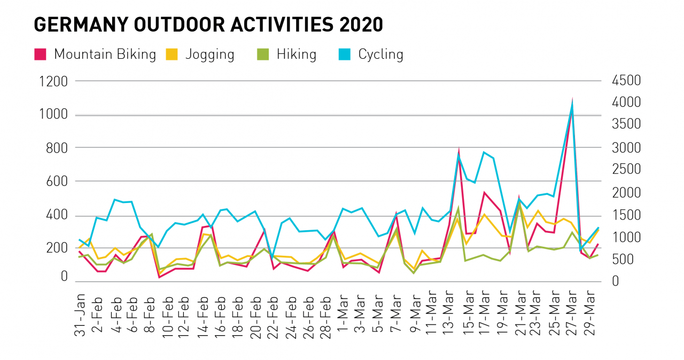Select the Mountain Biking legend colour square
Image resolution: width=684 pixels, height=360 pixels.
pos(41,54)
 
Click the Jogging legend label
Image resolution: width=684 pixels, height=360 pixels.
pos(210,54)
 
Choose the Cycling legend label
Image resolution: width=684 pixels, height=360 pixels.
pos(380,54)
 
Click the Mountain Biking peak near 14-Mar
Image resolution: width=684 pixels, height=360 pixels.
pos(458,151)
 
